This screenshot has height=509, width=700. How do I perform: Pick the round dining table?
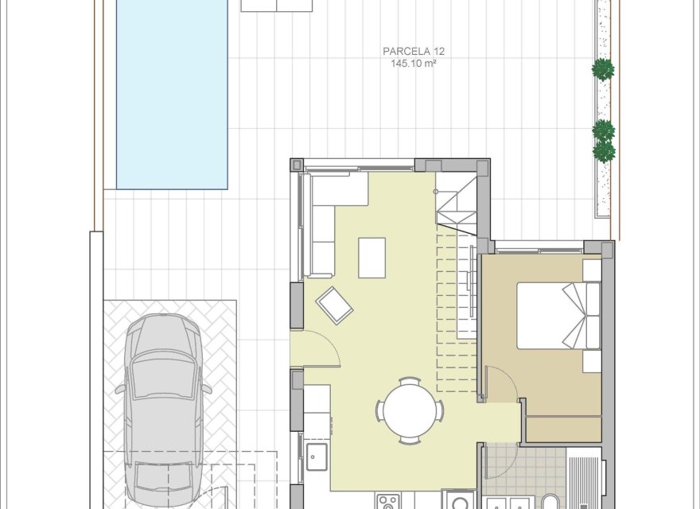coord(410,410)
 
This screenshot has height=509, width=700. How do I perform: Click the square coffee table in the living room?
coord(371,258)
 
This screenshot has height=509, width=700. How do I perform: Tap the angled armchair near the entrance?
coord(335,305)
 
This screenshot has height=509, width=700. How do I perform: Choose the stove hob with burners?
coord(389,502)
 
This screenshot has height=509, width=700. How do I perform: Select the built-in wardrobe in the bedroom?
coord(563,429)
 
